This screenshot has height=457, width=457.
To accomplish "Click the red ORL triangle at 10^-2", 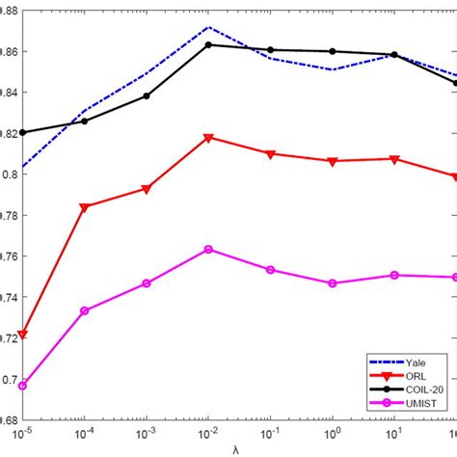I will coord(209,138).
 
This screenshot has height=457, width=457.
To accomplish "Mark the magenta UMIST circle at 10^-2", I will coord(209,250).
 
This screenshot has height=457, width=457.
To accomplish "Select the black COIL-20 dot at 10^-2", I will coord(209,45).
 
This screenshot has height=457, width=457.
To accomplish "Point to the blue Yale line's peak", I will coord(209,27).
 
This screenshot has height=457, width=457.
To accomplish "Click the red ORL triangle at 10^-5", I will coord(23,335).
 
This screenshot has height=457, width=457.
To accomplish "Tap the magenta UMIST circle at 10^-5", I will coord(23,386).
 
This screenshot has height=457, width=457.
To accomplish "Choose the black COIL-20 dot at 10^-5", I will coord(23,132).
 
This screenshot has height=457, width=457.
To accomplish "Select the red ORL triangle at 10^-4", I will coord(85,207).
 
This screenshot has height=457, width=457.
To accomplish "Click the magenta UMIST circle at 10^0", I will coord(334,283).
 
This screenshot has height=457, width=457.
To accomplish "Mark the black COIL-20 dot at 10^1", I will coord(395,55).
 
